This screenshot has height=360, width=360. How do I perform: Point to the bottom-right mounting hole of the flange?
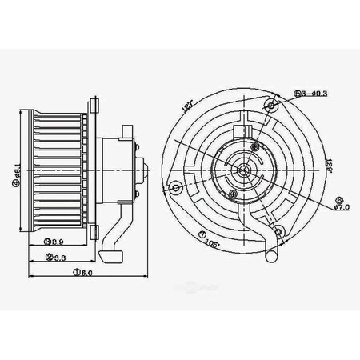(x=278, y=232)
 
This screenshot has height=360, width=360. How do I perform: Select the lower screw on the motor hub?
(x=233, y=193)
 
